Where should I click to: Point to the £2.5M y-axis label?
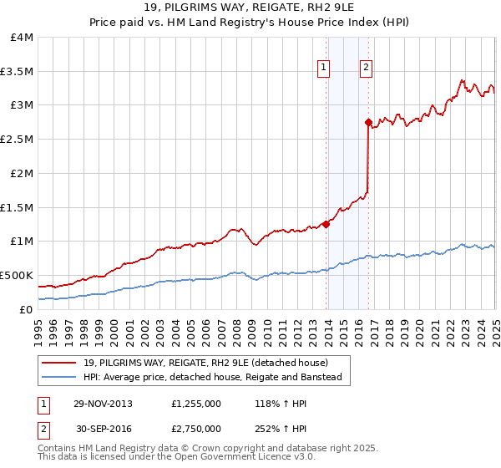click(x=17, y=140)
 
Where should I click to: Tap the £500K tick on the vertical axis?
click(x=17, y=275)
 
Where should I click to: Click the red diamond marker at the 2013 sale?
click(x=326, y=223)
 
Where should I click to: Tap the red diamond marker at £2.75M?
click(x=368, y=122)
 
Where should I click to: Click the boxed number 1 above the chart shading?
click(x=323, y=69)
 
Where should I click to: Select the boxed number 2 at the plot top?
click(x=366, y=69)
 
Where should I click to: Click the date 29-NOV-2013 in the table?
click(x=103, y=403)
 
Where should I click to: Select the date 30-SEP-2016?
click(x=103, y=428)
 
